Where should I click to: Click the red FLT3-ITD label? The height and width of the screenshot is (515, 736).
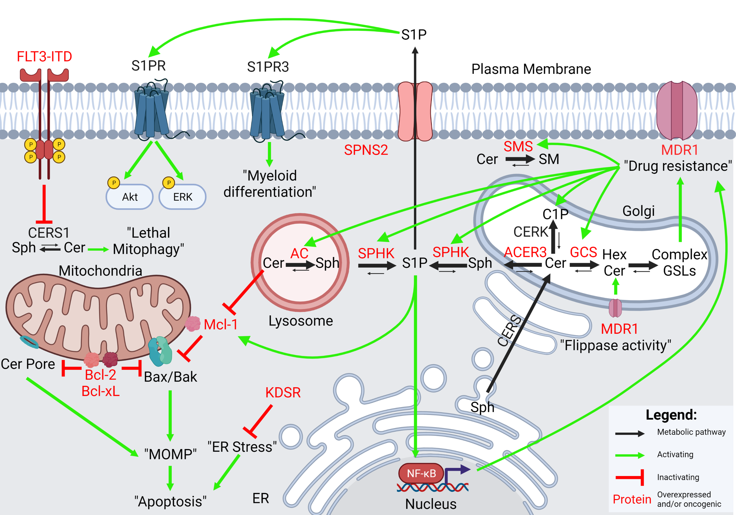(x=44, y=57)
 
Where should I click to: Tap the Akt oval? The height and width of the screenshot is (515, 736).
(x=129, y=196)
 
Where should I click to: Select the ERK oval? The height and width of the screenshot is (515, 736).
(x=182, y=196)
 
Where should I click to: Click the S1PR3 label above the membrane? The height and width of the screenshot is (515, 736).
(x=268, y=67)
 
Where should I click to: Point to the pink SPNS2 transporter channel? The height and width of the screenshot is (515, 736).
(x=415, y=111)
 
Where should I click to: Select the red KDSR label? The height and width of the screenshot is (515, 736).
(x=283, y=393)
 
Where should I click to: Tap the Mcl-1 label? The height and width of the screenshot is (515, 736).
(x=220, y=325)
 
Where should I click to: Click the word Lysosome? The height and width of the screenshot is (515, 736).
(x=301, y=321)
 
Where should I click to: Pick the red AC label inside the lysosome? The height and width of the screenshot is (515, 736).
(x=299, y=254)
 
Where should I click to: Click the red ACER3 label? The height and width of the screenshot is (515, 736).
(x=525, y=252)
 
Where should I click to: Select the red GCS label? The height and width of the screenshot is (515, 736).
(x=583, y=252)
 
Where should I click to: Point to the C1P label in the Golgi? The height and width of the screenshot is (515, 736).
(x=555, y=214)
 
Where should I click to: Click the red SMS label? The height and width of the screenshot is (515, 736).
(x=518, y=147)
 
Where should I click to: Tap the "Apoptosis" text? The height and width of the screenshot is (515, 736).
(x=170, y=502)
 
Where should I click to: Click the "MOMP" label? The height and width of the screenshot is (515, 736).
(x=170, y=454)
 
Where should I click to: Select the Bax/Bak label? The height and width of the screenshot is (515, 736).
(x=171, y=377)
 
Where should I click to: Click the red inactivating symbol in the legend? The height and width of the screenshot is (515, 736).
(x=630, y=478)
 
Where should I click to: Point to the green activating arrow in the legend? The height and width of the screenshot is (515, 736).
(x=630, y=456)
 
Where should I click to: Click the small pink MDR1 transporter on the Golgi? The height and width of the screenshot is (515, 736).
(x=615, y=308)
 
